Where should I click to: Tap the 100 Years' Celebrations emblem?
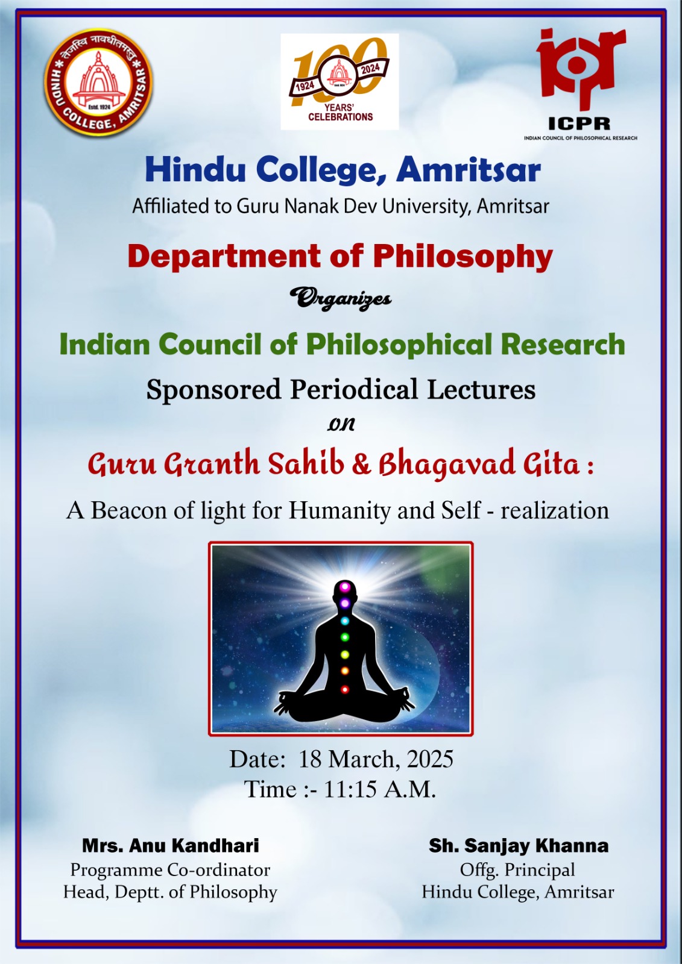coord(339,82)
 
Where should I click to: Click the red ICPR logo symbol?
coord(580,68)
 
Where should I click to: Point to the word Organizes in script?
coord(340,298)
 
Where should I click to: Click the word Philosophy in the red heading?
coord(463,257)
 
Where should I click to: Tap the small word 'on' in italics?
coord(341,425)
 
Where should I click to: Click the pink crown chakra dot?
coord(345,586)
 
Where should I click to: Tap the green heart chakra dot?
coord(345,636)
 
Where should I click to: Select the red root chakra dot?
coord(345,689)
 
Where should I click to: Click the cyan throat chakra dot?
coord(345,621)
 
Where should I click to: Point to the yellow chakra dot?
coord(345,654)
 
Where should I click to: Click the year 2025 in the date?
coord(429,759)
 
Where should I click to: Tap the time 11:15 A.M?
coord(380,789)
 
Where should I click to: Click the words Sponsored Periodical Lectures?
coord(341,389)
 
